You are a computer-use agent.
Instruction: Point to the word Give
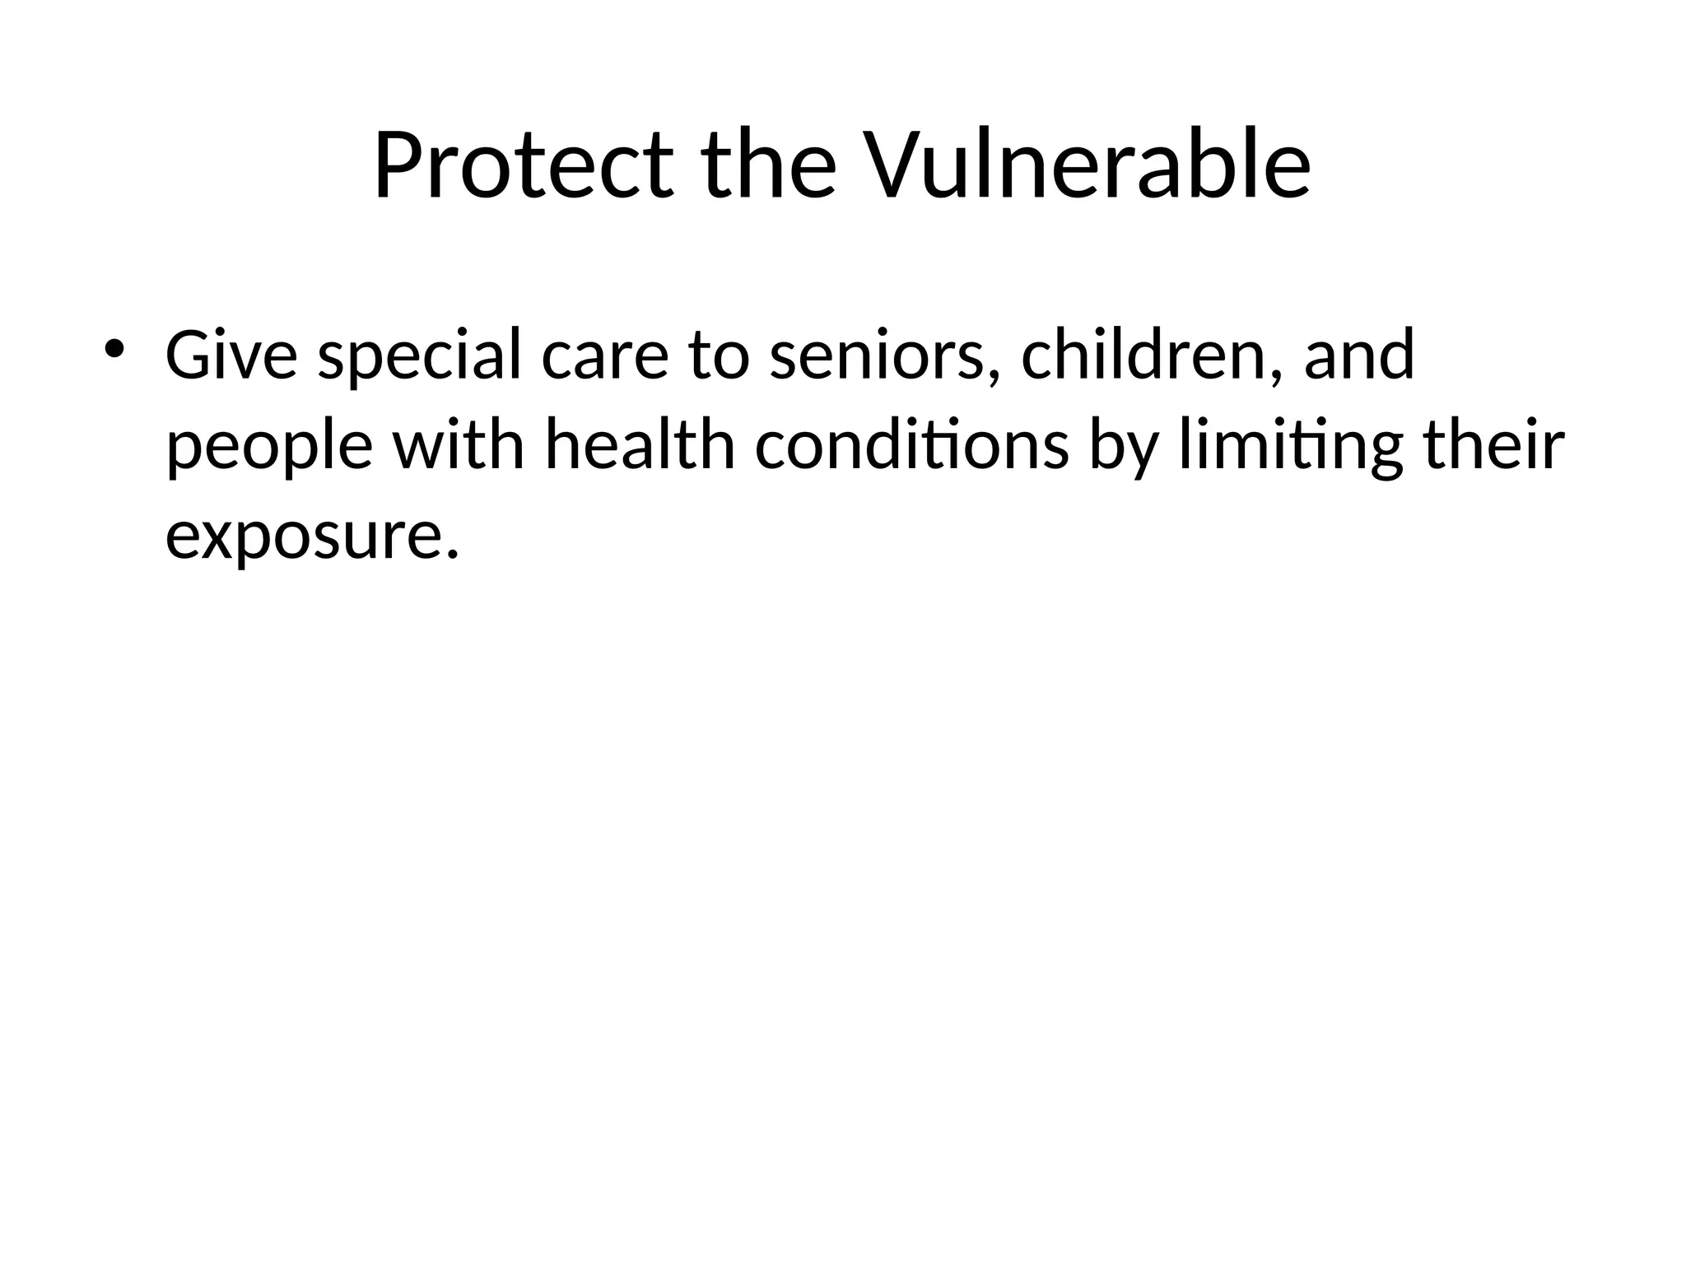[231, 355]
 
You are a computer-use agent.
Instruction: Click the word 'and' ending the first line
[1359, 355]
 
